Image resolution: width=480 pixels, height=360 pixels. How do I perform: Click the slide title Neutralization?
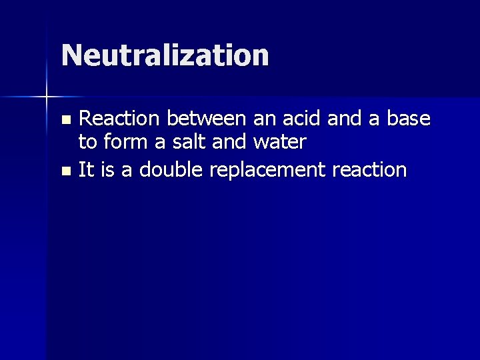[x=165, y=55]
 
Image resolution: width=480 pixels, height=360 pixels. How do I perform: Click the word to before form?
[x=87, y=142]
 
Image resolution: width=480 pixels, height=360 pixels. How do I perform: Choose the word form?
[x=123, y=142]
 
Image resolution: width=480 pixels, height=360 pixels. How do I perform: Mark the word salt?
[x=185, y=142]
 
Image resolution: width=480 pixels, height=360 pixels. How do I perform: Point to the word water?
[x=279, y=142]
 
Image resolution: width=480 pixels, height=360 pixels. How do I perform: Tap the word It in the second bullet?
[x=86, y=169]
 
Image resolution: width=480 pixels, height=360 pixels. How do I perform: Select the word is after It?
[x=107, y=169]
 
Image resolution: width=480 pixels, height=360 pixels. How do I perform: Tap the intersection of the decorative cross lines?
[x=47, y=97]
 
